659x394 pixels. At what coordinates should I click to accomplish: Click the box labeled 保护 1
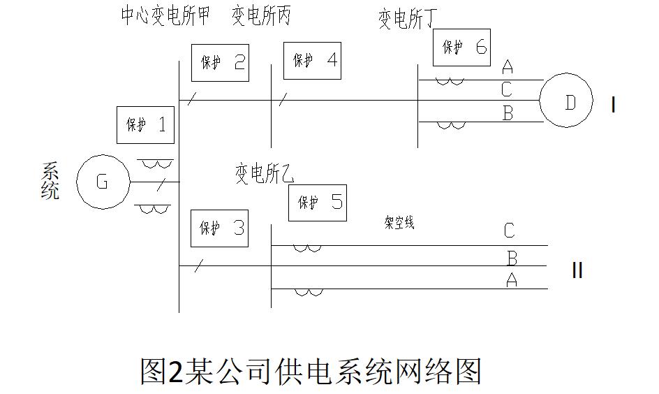145,126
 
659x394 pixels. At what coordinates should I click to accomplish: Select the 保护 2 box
220,63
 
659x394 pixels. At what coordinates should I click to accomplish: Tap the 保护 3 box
220,228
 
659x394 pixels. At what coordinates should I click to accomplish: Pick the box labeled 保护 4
312,60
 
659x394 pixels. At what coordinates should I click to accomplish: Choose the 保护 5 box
318,203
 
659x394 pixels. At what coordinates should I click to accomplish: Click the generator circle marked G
103,182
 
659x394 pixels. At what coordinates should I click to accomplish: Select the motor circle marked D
568,102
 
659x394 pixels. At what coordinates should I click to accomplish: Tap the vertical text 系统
50,181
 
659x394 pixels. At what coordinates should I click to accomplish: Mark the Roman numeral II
577,270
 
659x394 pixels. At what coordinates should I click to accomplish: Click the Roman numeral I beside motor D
613,105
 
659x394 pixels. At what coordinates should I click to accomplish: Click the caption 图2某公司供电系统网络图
311,371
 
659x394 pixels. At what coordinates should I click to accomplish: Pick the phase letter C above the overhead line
510,231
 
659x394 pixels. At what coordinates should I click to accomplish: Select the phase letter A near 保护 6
508,67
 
